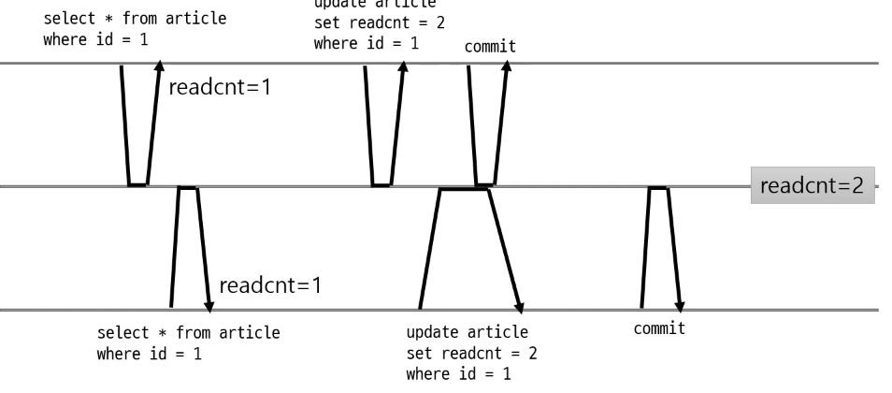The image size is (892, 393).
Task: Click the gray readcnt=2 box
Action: coord(812,186)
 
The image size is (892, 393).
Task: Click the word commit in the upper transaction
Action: coord(490,45)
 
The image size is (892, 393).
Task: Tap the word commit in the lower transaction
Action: coord(659,328)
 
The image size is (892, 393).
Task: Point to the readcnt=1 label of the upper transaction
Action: coord(220,89)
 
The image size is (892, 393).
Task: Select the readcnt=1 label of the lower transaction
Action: coord(270,284)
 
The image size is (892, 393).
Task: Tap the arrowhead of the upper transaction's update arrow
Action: coord(404,68)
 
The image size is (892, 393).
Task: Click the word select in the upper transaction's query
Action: coord(67,20)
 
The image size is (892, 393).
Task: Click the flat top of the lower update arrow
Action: coord(465,189)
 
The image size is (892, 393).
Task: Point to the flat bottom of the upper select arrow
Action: coord(138,184)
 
